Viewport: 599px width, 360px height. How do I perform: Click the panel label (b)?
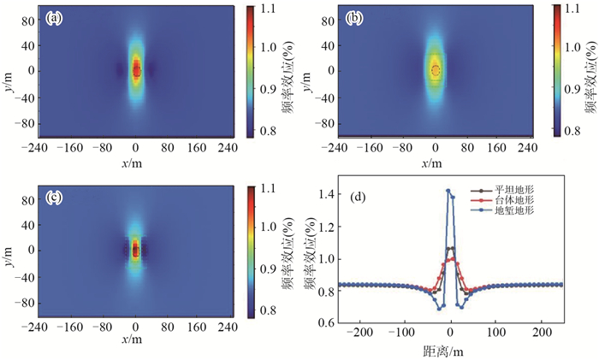354,18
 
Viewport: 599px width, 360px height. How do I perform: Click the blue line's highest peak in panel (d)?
448,191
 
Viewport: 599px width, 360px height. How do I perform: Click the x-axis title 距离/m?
448,351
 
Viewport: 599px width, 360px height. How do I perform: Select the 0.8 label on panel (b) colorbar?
566,130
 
